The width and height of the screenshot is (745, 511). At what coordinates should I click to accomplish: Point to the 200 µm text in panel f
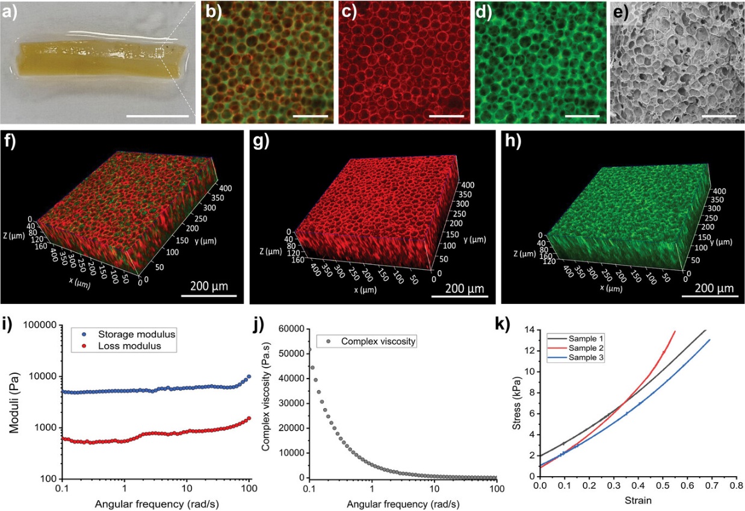click(x=208, y=285)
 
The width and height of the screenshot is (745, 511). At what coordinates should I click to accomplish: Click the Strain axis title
click(x=638, y=500)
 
